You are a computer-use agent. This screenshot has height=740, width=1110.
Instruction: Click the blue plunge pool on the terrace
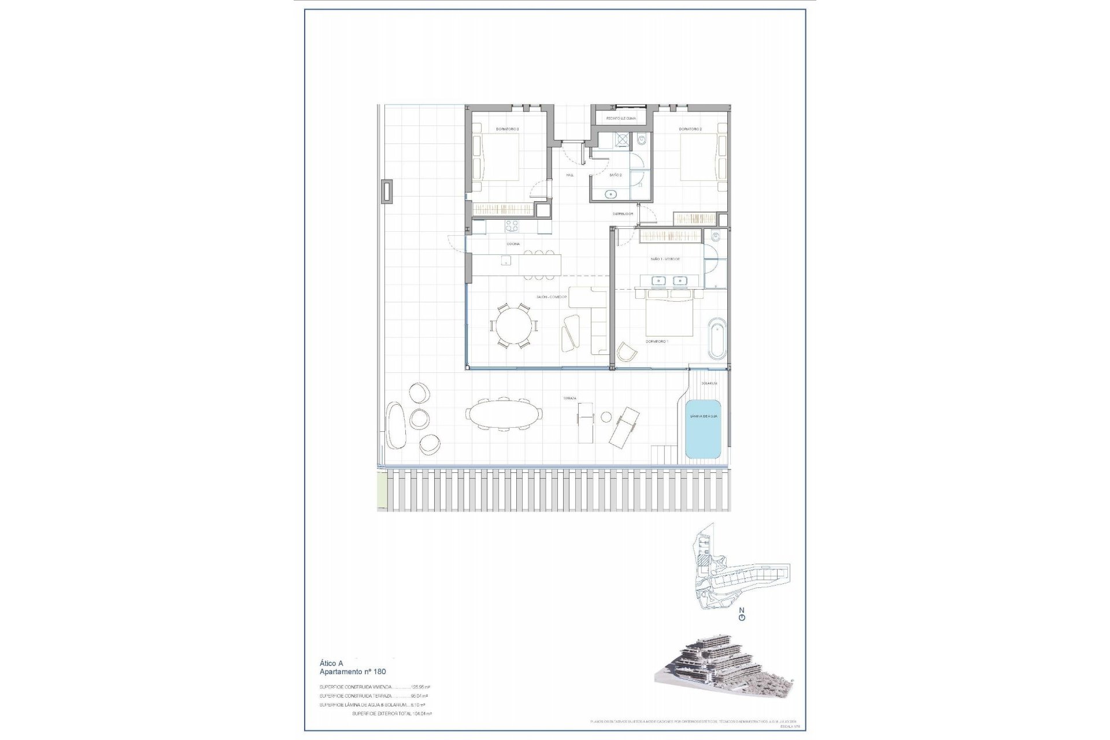[703, 428]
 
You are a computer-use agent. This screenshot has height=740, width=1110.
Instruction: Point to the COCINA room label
[513, 244]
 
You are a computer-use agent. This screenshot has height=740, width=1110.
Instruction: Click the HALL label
[570, 175]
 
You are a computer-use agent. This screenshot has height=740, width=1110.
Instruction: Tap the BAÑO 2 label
[616, 175]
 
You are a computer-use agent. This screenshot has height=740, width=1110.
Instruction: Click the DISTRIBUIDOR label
[623, 214]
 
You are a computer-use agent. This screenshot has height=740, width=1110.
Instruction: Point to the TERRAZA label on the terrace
[571, 398]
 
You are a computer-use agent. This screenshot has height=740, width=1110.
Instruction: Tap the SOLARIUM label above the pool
[709, 383]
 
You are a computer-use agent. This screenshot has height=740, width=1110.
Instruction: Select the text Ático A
[331, 664]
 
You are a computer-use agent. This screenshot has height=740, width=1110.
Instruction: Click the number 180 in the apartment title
[380, 672]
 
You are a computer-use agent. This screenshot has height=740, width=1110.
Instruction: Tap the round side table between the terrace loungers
[606, 417]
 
